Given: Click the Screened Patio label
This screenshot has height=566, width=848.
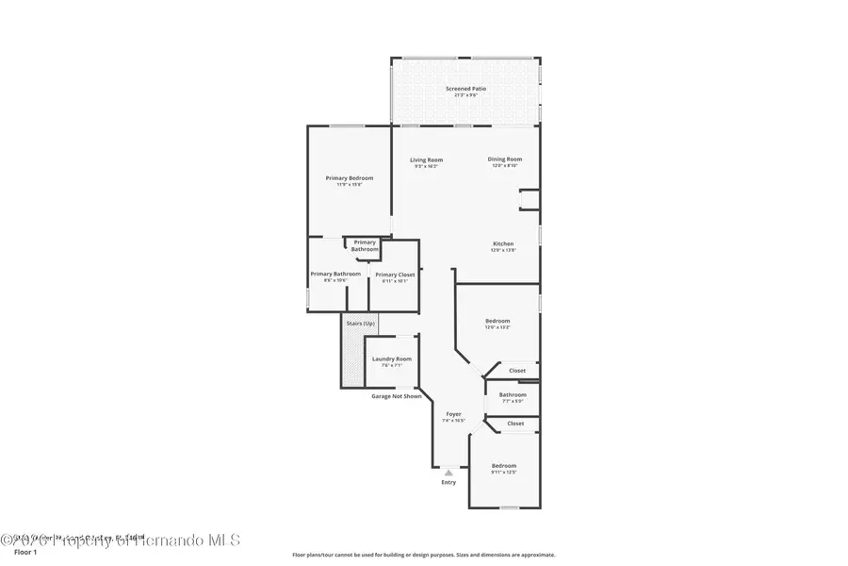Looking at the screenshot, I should pyautogui.click(x=465, y=89).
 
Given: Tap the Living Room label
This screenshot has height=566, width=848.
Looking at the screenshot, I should pyautogui.click(x=426, y=159).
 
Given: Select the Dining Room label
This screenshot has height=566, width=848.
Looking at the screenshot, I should pyautogui.click(x=505, y=159).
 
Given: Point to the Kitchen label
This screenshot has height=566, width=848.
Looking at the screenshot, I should pyautogui.click(x=502, y=243).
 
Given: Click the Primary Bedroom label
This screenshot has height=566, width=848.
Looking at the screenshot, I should pyautogui.click(x=350, y=178).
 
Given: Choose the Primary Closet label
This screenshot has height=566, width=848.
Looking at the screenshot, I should pyautogui.click(x=395, y=275).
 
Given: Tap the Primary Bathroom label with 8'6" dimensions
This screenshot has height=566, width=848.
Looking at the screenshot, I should pyautogui.click(x=335, y=274).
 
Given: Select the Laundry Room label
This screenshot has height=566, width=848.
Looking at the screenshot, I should pyautogui.click(x=392, y=358).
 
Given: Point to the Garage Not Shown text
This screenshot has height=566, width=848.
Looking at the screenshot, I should pyautogui.click(x=396, y=396).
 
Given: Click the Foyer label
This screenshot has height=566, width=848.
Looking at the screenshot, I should pyautogui.click(x=453, y=414).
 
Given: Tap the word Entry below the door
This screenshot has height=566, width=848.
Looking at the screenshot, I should pyautogui.click(x=448, y=483).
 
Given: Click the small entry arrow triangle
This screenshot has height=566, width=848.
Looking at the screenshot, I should pyautogui.click(x=448, y=472).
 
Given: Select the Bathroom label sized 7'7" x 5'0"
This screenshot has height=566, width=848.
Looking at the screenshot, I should pyautogui.click(x=513, y=394).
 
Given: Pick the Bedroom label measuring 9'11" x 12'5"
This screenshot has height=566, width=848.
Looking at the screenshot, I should pyautogui.click(x=504, y=466).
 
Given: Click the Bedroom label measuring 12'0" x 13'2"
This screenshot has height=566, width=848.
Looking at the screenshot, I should pyautogui.click(x=497, y=321).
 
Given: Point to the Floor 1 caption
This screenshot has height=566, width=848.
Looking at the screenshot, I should pyautogui.click(x=25, y=552).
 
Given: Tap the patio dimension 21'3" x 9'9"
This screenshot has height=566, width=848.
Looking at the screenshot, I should pyautogui.click(x=465, y=95).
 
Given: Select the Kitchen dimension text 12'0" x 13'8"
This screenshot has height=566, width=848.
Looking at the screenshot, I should pyautogui.click(x=502, y=250).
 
